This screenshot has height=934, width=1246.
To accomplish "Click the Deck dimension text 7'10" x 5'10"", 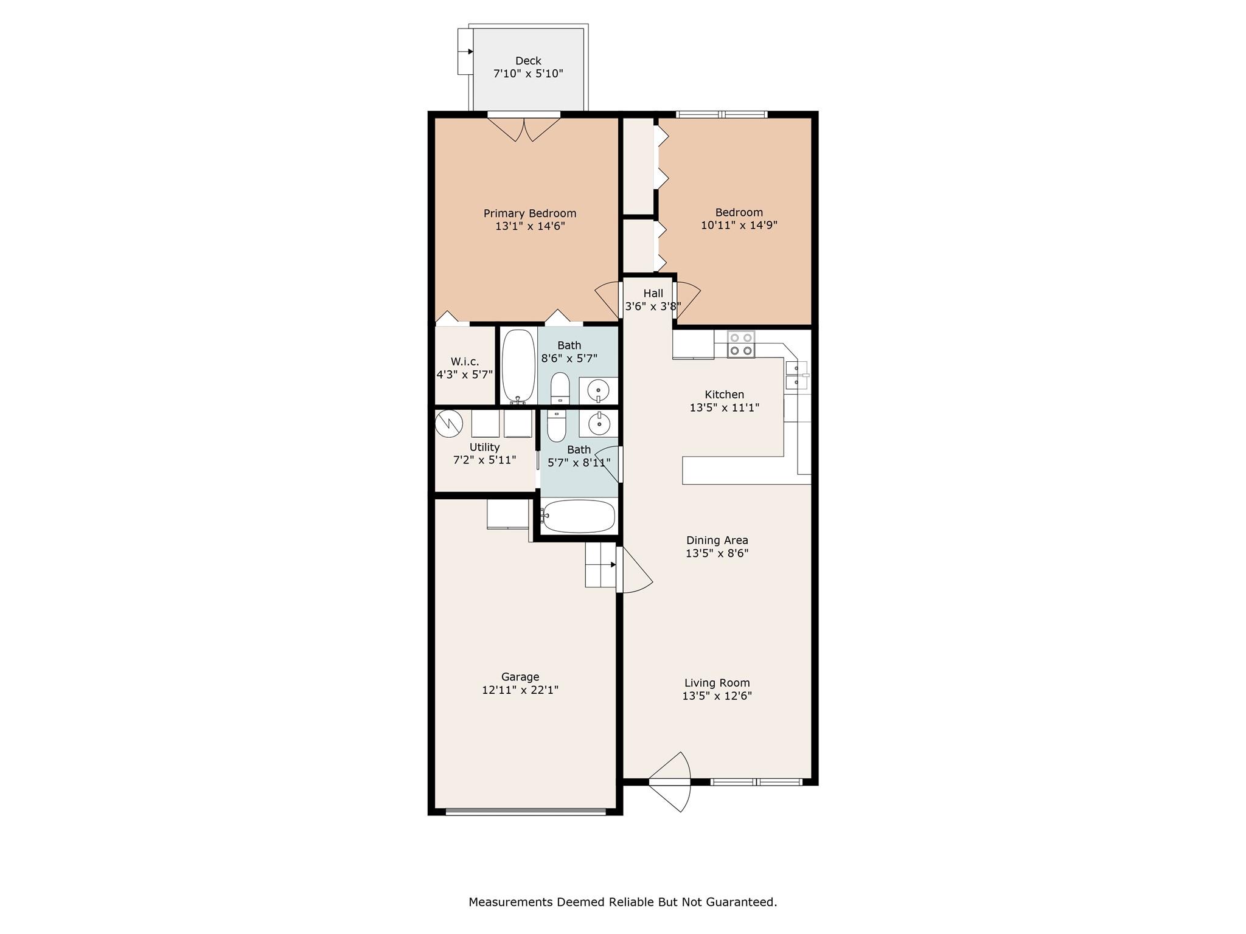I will (527, 74).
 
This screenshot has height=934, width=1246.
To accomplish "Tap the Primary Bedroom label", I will (529, 213).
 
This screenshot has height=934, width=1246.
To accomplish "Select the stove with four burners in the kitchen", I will (740, 344).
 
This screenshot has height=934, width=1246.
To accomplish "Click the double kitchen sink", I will (796, 375).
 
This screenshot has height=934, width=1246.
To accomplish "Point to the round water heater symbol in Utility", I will (449, 423).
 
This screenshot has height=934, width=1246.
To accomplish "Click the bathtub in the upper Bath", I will (518, 365).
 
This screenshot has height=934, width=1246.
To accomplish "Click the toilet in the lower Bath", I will (556, 426).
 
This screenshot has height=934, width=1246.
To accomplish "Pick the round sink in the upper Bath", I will (599, 389).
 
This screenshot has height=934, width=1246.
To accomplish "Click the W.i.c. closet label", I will (465, 361).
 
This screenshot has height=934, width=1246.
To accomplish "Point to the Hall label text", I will (653, 293).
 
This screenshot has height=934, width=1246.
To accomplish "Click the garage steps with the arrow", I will (601, 565).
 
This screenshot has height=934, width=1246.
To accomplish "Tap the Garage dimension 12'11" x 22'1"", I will (520, 690).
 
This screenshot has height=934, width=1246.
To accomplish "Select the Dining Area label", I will (717, 540).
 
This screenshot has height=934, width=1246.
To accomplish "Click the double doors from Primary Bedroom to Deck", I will (524, 128).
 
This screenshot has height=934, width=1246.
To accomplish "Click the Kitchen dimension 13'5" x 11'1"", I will (724, 407).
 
